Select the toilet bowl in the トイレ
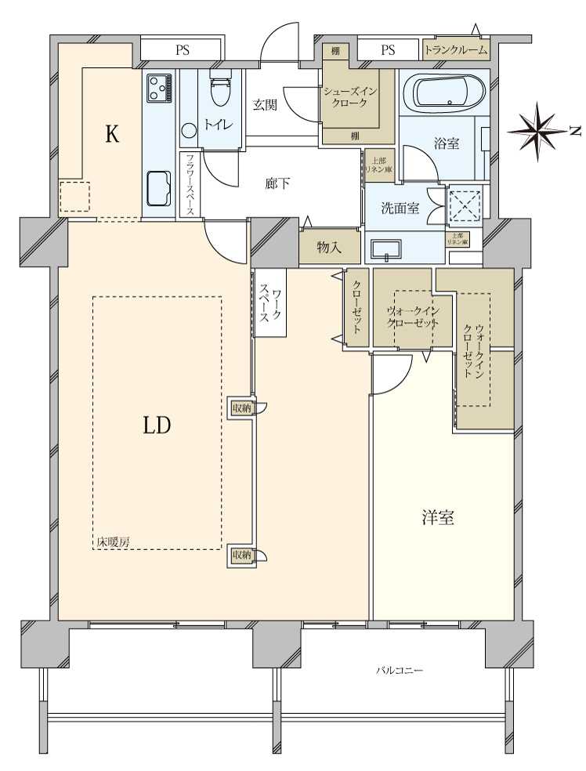pos(221,94)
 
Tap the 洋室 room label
pos(439,518)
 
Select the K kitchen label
pos(112,135)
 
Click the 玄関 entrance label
pos(264,106)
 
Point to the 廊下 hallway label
pos(277,184)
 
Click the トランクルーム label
pos(456,50)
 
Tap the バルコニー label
pos(400,671)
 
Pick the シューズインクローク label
pos(350,98)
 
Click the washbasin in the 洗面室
pos(385,250)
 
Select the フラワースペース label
pos(190,184)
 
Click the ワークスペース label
pos(269,302)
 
